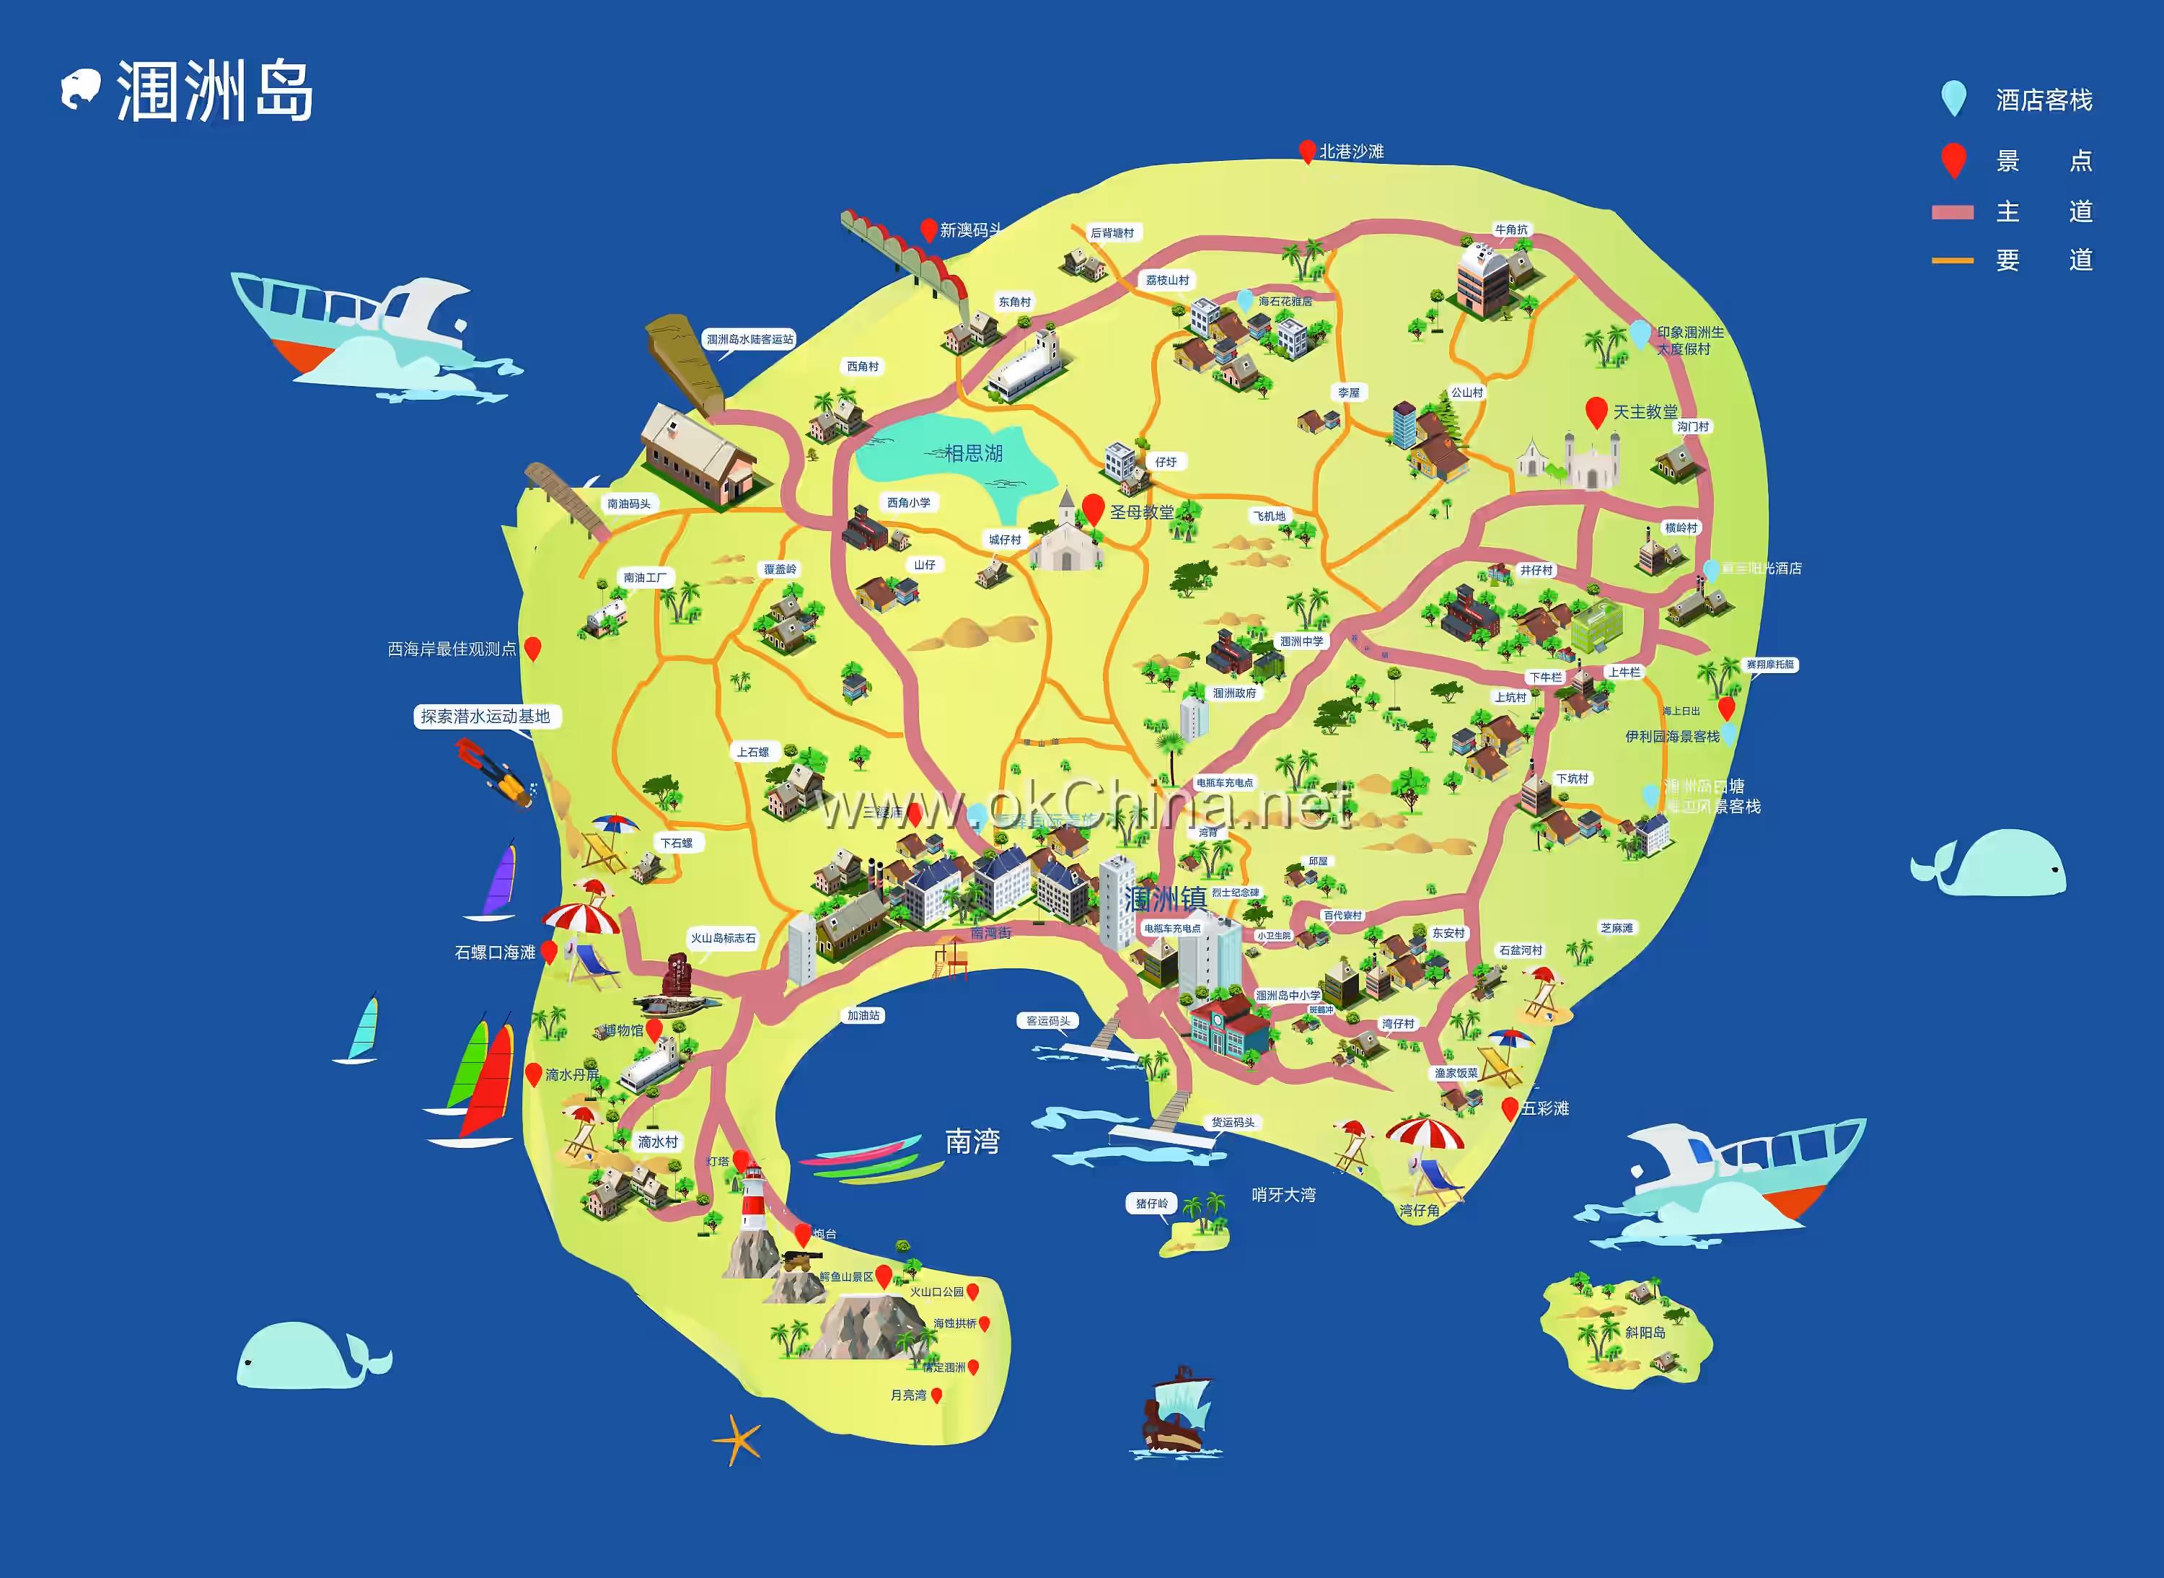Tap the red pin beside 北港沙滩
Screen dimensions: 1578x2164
[1307, 150]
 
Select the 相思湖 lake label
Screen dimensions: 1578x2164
[973, 453]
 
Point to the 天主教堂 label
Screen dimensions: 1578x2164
[1645, 412]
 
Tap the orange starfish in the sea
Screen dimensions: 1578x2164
[737, 1439]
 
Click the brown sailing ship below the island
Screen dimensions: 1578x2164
[1176, 1412]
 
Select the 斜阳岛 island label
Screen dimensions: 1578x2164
[1645, 1333]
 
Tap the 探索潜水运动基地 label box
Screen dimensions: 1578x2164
[486, 716]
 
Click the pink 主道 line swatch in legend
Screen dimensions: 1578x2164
[1952, 212]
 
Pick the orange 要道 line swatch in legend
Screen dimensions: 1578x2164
[1952, 260]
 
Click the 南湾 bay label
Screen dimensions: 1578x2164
[972, 1141]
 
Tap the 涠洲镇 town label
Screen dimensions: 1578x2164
[1165, 899]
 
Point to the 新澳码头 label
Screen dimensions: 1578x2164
[970, 230]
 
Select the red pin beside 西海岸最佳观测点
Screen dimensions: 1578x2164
[533, 648]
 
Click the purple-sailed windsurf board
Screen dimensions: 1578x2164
[498, 882]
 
